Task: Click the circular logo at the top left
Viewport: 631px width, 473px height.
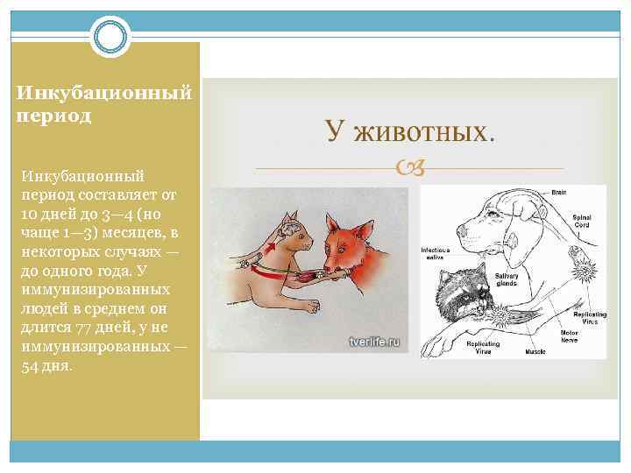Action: (x=111, y=38)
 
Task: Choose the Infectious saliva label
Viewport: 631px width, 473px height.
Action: (x=436, y=253)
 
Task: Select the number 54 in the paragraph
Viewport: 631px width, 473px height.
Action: (x=32, y=365)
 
